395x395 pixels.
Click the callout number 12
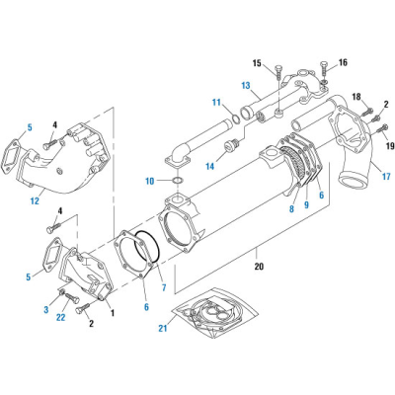pyautogui.click(x=34, y=203)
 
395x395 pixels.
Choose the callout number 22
pyautogui.click(x=61, y=317)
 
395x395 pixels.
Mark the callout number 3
pyautogui.click(x=43, y=310)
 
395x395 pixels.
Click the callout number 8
pyautogui.click(x=292, y=208)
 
